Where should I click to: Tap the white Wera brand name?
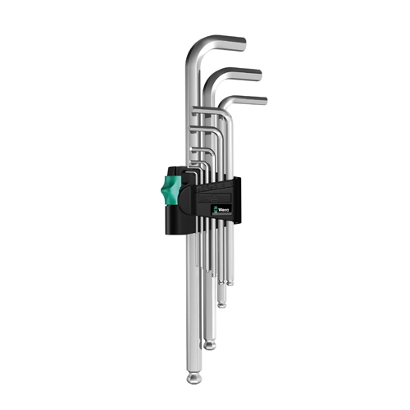(224, 210)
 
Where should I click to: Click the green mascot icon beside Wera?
(216, 210)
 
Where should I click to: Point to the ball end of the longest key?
(194, 377)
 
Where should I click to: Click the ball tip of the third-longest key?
(221, 304)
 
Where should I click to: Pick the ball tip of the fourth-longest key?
(230, 283)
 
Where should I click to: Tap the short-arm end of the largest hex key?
(243, 43)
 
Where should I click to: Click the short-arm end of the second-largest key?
(259, 75)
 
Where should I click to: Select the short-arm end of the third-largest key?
(265, 101)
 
